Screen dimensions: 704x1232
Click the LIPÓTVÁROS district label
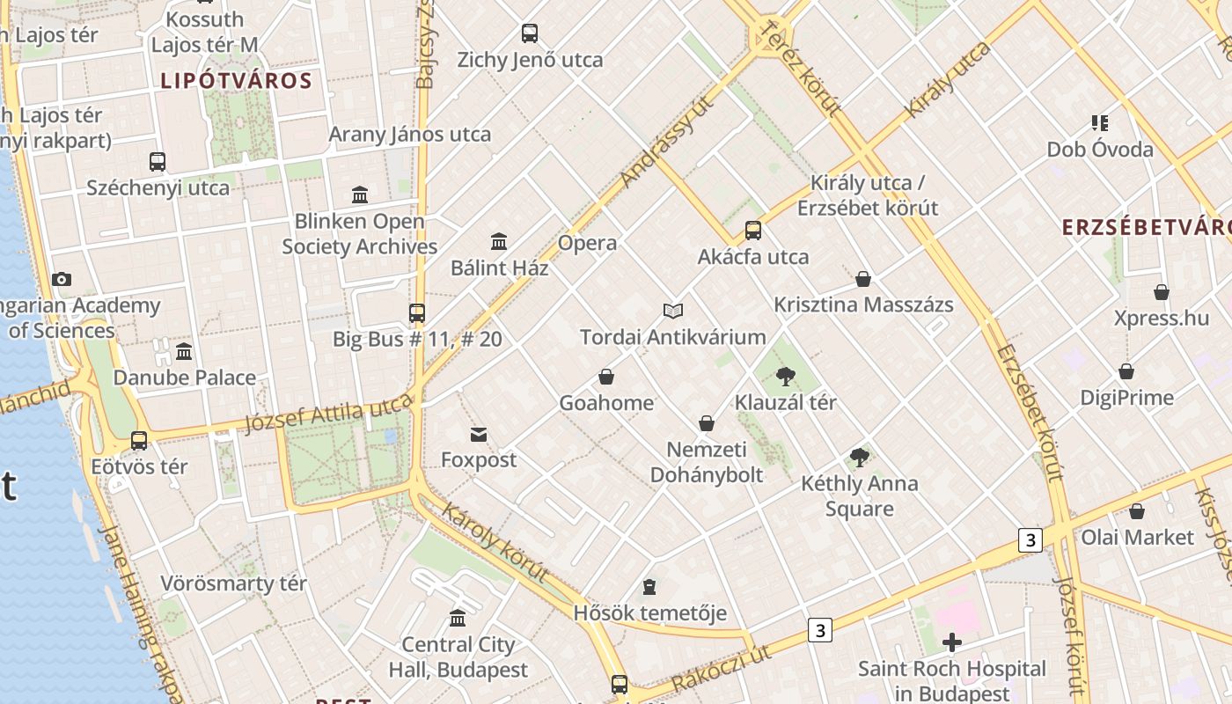(x=236, y=81)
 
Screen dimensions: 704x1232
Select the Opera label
(x=587, y=243)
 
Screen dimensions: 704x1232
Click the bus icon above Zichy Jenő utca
(x=529, y=33)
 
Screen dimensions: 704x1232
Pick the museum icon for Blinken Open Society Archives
(x=360, y=194)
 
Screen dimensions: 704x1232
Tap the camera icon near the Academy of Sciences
(x=61, y=279)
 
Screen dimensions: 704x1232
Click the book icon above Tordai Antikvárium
(x=673, y=311)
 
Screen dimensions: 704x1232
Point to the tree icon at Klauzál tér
(x=786, y=377)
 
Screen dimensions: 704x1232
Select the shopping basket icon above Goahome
(x=606, y=377)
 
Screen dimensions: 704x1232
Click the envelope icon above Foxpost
(x=479, y=434)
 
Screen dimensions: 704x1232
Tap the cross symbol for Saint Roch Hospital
(x=951, y=642)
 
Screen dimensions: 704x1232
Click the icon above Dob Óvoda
(x=1099, y=123)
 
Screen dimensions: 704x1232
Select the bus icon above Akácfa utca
(x=753, y=231)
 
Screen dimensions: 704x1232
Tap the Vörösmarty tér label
(x=233, y=583)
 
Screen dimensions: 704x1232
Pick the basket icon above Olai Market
(x=1137, y=511)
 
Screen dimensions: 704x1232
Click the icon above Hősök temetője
(x=649, y=586)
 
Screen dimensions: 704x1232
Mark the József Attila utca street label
(x=328, y=414)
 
